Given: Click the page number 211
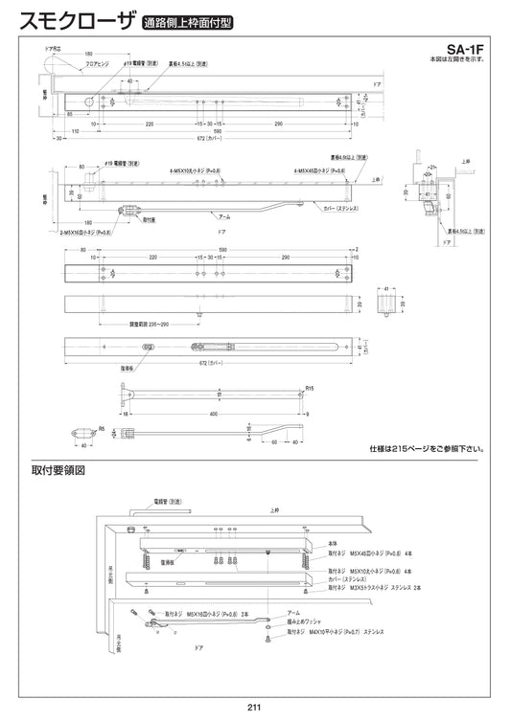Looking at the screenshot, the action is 255,709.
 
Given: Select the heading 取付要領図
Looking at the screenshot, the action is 58,471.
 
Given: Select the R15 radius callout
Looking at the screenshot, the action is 309,389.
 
